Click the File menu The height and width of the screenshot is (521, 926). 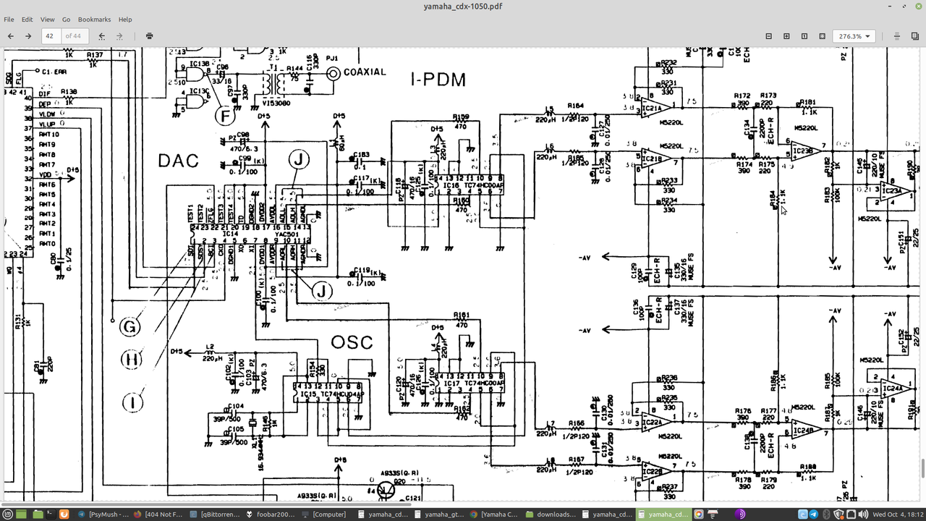click(x=9, y=20)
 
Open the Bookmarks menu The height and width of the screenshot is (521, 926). click(x=94, y=20)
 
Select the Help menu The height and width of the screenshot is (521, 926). click(x=125, y=20)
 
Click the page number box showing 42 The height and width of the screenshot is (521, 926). click(x=51, y=35)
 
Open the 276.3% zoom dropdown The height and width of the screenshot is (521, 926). click(x=854, y=35)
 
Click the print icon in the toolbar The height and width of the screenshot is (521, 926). click(x=149, y=35)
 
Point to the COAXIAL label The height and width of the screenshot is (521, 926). click(x=365, y=72)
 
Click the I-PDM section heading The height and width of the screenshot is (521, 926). click(x=438, y=80)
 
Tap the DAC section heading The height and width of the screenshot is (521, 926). click(x=178, y=161)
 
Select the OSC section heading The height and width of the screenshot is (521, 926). click(x=352, y=342)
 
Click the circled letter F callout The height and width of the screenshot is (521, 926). click(x=226, y=114)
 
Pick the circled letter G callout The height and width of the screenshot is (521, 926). click(x=129, y=327)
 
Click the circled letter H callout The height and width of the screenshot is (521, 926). click(x=132, y=360)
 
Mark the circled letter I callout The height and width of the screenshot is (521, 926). click(x=132, y=402)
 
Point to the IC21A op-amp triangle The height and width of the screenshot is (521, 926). click(x=654, y=109)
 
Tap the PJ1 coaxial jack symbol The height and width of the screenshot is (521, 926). click(x=333, y=73)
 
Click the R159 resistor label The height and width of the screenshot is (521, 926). click(x=460, y=117)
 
